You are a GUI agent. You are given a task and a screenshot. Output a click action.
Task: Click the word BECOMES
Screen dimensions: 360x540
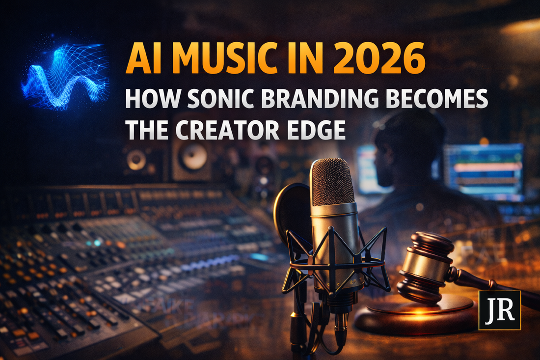(442, 100)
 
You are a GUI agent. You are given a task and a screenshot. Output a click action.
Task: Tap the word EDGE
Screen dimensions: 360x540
(320, 129)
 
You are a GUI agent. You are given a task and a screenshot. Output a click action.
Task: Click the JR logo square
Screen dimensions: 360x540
(499, 309)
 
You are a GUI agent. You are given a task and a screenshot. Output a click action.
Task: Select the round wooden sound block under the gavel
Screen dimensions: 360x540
(417, 314)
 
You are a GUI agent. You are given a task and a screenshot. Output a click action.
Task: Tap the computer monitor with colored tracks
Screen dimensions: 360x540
(484, 169)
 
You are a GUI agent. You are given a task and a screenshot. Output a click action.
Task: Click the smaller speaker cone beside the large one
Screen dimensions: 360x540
(136, 159)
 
